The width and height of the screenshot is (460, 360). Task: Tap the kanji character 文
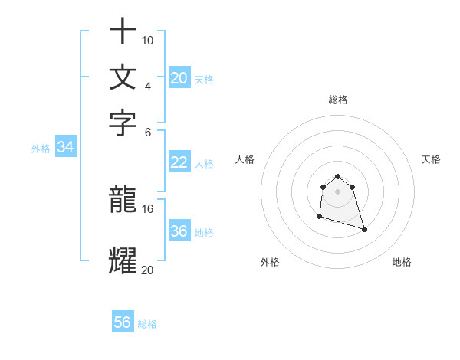(x=123, y=77)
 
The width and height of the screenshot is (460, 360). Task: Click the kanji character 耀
(x=123, y=260)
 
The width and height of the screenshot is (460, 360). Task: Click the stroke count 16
(x=148, y=208)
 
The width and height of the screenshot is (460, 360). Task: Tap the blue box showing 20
(x=179, y=77)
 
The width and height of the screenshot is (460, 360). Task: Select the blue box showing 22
(x=179, y=162)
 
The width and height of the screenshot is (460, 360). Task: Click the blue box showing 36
(x=179, y=231)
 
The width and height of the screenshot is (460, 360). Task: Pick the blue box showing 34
(x=66, y=148)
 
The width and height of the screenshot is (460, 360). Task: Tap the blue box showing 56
(x=123, y=322)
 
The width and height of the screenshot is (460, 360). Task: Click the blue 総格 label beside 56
(x=148, y=324)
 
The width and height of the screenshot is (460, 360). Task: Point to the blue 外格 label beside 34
(x=41, y=149)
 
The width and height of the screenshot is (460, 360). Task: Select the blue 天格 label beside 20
(x=204, y=79)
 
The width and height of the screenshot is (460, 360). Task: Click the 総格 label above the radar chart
(x=337, y=100)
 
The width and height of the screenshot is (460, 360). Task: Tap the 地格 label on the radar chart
(x=402, y=262)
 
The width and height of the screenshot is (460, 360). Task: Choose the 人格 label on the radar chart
(x=245, y=159)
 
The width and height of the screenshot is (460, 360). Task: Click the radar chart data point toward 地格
(x=364, y=229)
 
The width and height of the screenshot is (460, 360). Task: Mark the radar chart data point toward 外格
(x=319, y=217)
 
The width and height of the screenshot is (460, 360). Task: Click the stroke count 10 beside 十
(x=148, y=40)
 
